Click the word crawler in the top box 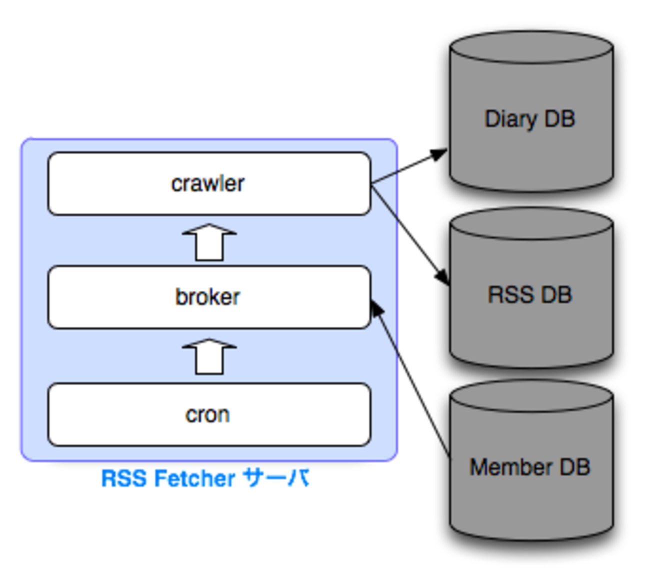click(x=207, y=183)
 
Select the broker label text click(x=207, y=297)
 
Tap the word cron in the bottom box click(x=207, y=415)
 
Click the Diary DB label click(x=530, y=119)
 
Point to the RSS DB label click(x=530, y=294)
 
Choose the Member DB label click(x=530, y=467)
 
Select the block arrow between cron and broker click(x=209, y=357)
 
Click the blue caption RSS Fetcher click(x=168, y=478)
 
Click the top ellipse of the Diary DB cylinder click(x=531, y=47)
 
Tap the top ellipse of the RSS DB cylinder click(x=531, y=224)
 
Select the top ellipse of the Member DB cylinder click(x=531, y=397)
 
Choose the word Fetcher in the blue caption click(x=194, y=478)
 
